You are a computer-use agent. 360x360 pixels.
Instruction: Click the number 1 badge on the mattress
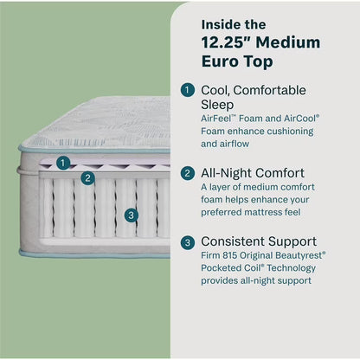tap(62, 162)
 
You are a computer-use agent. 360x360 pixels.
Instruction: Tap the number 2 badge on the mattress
tap(87, 178)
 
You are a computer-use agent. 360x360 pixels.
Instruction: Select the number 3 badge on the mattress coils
tap(130, 215)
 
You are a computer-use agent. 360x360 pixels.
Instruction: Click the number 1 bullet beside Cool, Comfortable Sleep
tap(188, 89)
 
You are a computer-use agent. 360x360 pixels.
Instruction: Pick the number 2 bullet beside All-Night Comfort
tap(188, 173)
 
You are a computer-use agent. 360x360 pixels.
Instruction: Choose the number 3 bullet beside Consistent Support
tap(188, 241)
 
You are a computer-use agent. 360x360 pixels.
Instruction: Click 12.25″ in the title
tap(226, 42)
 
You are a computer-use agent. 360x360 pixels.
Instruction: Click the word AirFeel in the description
tap(220, 119)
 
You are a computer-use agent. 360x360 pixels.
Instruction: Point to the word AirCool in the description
tap(295, 119)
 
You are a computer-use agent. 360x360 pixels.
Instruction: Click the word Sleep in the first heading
tap(220, 104)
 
